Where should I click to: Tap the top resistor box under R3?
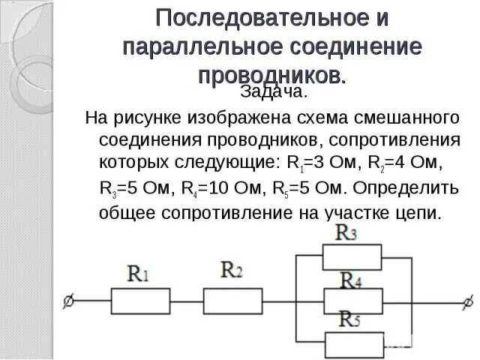(351, 257)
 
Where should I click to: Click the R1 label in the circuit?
(138, 274)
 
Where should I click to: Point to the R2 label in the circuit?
(232, 270)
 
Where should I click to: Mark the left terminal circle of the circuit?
(69, 301)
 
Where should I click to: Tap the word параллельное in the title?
(196, 46)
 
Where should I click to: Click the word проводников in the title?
(271, 74)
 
